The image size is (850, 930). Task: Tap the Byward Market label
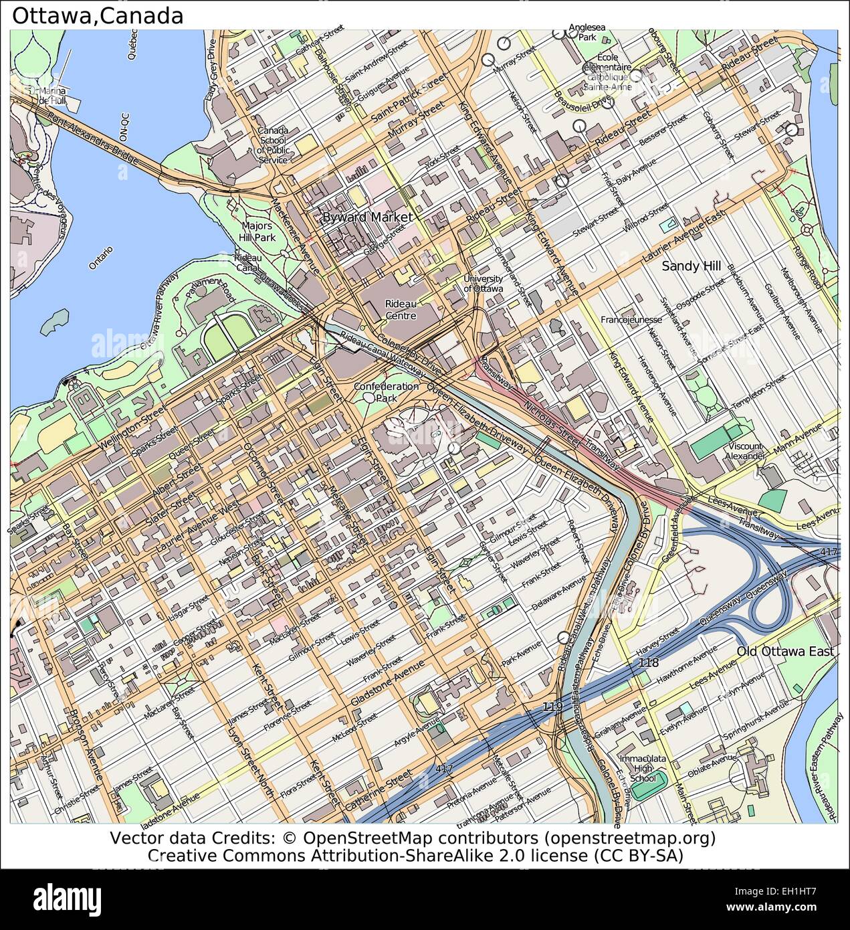367,217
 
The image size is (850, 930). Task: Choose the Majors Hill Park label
257,231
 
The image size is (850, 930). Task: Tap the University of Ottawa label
483,284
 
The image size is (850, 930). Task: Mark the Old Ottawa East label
785,652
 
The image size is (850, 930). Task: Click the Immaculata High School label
643,768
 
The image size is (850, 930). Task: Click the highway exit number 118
648,662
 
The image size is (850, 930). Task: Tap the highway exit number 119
552,707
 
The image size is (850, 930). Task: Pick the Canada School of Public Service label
273,145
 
